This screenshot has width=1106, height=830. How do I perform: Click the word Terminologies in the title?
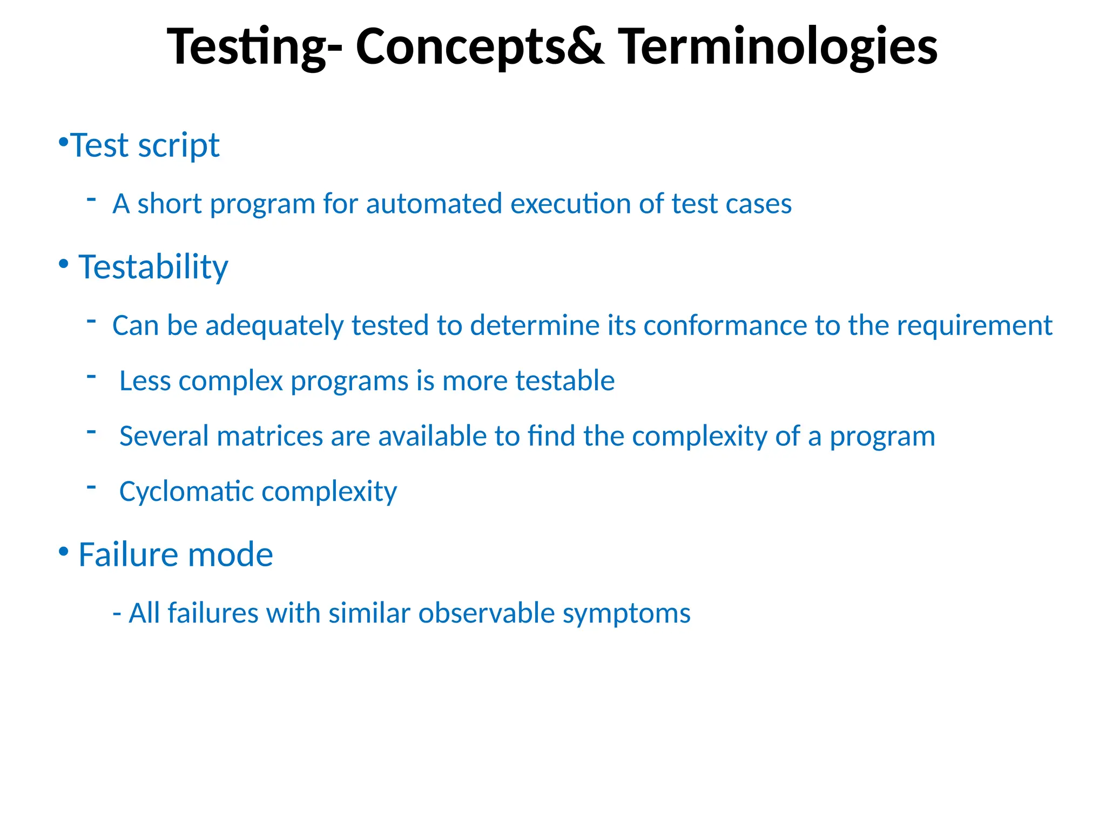click(x=778, y=48)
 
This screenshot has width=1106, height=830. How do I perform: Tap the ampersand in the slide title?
click(x=586, y=48)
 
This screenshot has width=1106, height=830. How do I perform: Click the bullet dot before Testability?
click(x=64, y=264)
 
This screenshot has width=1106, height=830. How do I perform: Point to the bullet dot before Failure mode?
click(x=64, y=552)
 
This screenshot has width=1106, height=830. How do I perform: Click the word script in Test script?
click(x=179, y=146)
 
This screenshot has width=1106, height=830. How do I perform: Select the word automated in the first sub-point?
click(x=434, y=204)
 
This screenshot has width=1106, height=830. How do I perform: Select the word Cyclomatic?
click(x=186, y=492)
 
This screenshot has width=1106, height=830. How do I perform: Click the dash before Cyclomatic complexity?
click(x=91, y=487)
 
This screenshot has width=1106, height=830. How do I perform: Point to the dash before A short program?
click(x=91, y=199)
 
